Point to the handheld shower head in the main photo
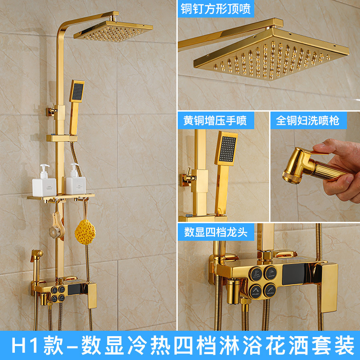tap(77, 92)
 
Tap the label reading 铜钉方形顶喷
tap(216, 9)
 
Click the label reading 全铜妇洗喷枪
tap(307, 120)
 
